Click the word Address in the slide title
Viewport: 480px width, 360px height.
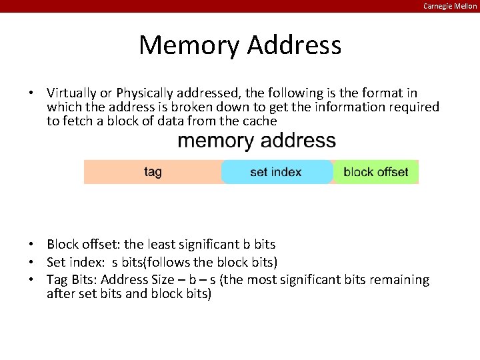pyautogui.click(x=294, y=45)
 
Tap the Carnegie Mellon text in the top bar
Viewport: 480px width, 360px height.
pyautogui.click(x=450, y=6)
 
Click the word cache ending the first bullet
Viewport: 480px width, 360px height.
pyautogui.click(x=260, y=121)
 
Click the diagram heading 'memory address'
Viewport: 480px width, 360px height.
pyautogui.click(x=257, y=141)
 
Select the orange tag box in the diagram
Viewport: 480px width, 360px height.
pyautogui.click(x=153, y=172)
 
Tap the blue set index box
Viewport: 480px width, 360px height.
pyautogui.click(x=276, y=172)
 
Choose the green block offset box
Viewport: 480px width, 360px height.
pyautogui.click(x=375, y=172)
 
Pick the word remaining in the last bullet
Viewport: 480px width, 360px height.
pyautogui.click(x=397, y=279)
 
